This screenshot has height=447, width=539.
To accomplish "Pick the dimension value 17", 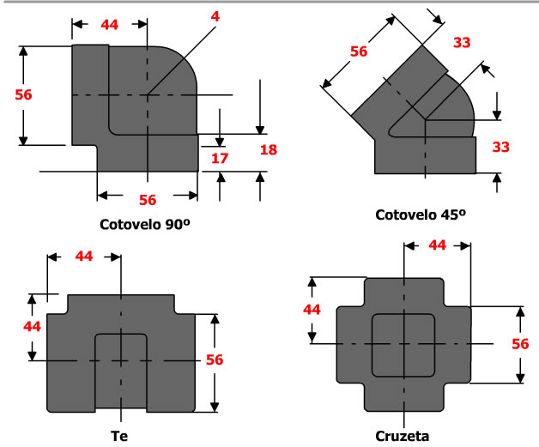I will pos(219,159).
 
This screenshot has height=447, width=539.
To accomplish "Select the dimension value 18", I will pos(269,151).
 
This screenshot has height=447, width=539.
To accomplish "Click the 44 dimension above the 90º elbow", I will pos(109,25).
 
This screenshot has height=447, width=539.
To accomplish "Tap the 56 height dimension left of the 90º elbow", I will pos(23,94).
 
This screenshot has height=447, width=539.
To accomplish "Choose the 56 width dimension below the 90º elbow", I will pos(147,200).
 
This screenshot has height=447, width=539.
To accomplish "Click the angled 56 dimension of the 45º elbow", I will pos(359,51).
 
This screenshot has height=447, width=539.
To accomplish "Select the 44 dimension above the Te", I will pos(84,257).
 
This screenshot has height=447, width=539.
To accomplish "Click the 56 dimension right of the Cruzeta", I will pos(520,343).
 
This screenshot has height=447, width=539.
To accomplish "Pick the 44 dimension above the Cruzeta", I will pos(437,245).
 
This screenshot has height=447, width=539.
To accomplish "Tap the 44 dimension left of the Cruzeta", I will pos(312,309).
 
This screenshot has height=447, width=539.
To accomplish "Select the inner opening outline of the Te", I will pos(121,369).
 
